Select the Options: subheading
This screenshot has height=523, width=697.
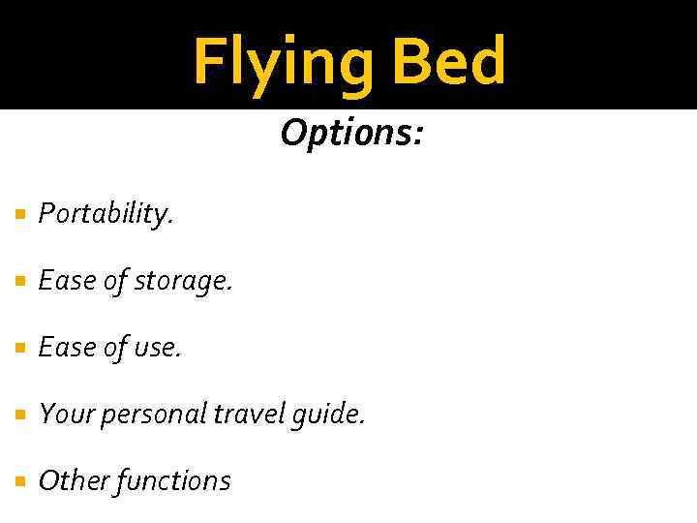[x=351, y=133]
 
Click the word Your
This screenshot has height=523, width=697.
[x=63, y=414]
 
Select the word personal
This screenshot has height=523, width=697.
[x=150, y=415]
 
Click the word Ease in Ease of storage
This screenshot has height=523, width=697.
[x=63, y=281]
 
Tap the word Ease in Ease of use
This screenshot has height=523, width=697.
[x=63, y=348]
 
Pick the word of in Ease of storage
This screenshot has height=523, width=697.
[x=113, y=281]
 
